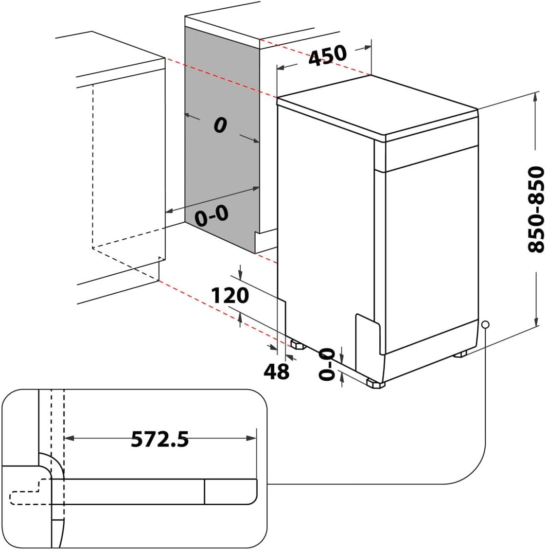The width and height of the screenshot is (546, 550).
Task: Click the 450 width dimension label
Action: coord(328,55)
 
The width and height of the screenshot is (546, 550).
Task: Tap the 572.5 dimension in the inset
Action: coord(160,440)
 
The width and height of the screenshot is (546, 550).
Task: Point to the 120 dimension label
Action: coord(230,295)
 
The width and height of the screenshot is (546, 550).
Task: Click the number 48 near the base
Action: coord(276,372)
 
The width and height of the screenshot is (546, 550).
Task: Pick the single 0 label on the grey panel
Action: coord(220,126)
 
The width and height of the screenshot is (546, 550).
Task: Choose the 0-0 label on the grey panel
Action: coord(211,217)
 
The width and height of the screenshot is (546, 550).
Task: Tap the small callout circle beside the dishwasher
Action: coord(485,324)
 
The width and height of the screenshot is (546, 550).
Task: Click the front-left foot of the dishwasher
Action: coord(375,384)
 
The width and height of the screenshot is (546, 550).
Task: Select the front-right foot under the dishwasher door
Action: coord(461,355)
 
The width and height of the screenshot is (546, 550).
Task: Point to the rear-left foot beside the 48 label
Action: coord(297,344)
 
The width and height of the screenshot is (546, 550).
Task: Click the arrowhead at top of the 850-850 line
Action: coord(536,97)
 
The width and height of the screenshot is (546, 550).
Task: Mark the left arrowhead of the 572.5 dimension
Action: coord(69,439)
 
